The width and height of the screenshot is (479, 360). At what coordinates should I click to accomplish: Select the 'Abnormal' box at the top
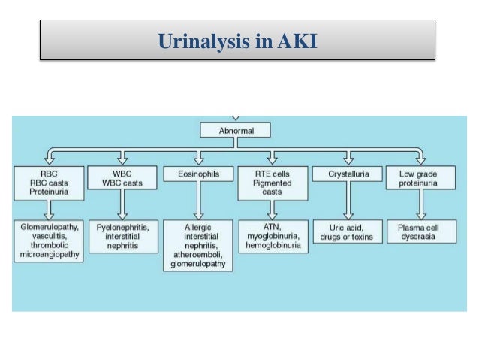(236, 130)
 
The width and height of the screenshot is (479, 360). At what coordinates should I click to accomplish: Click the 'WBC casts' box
(122, 179)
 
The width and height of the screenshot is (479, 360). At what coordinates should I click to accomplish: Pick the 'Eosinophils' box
(198, 174)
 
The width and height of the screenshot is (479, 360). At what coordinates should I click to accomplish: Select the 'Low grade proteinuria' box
(421, 179)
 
